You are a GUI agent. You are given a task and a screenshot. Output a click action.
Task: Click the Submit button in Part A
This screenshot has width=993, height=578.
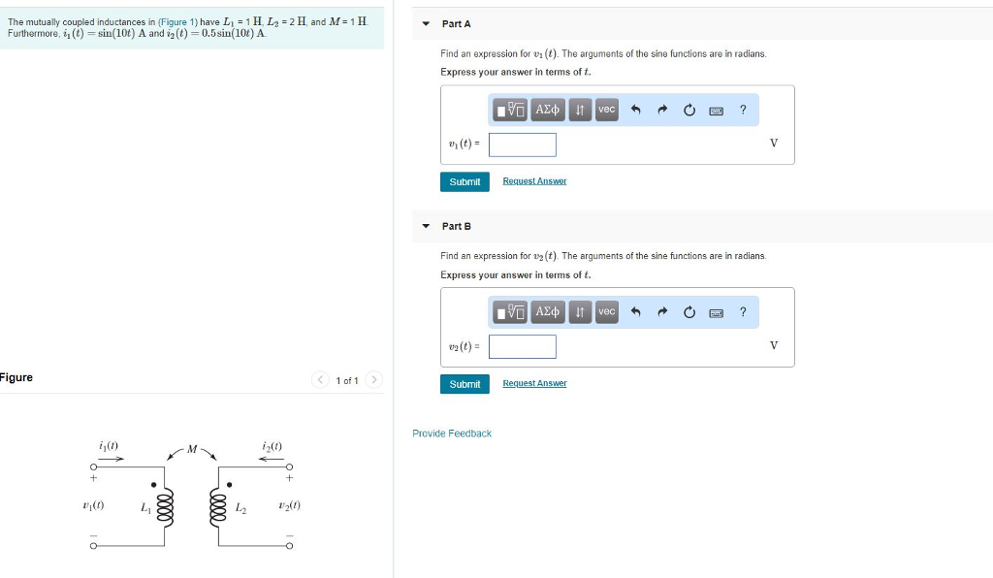click(464, 181)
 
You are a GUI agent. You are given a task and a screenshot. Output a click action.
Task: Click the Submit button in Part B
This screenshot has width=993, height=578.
click(464, 384)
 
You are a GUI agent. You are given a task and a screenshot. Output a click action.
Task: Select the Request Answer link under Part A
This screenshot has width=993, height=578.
click(534, 181)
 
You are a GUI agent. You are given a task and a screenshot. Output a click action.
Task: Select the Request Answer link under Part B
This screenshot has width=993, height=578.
click(534, 384)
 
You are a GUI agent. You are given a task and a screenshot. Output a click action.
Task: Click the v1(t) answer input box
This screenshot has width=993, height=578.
click(523, 144)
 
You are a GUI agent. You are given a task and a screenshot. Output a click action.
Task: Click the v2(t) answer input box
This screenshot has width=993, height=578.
click(523, 346)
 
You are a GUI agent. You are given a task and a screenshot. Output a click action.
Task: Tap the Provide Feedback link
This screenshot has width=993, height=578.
click(452, 433)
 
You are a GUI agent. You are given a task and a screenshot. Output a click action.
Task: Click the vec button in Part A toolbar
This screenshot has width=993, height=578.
click(606, 110)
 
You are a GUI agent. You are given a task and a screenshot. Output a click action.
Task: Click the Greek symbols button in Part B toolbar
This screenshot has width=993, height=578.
click(548, 311)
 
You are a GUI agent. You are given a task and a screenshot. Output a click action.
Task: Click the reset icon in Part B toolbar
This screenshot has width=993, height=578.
click(689, 311)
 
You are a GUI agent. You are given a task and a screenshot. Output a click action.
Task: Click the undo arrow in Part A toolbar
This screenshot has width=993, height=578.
click(636, 110)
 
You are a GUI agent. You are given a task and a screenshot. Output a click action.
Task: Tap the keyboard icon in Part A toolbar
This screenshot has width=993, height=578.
click(716, 110)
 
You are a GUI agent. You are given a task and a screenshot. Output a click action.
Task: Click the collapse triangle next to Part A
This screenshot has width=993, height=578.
click(426, 23)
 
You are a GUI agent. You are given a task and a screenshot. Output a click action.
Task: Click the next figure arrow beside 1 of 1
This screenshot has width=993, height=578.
click(374, 380)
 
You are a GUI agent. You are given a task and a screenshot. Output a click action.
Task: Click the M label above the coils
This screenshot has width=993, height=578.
click(192, 448)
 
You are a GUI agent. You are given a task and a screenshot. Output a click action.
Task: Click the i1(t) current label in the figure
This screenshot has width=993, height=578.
click(109, 445)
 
